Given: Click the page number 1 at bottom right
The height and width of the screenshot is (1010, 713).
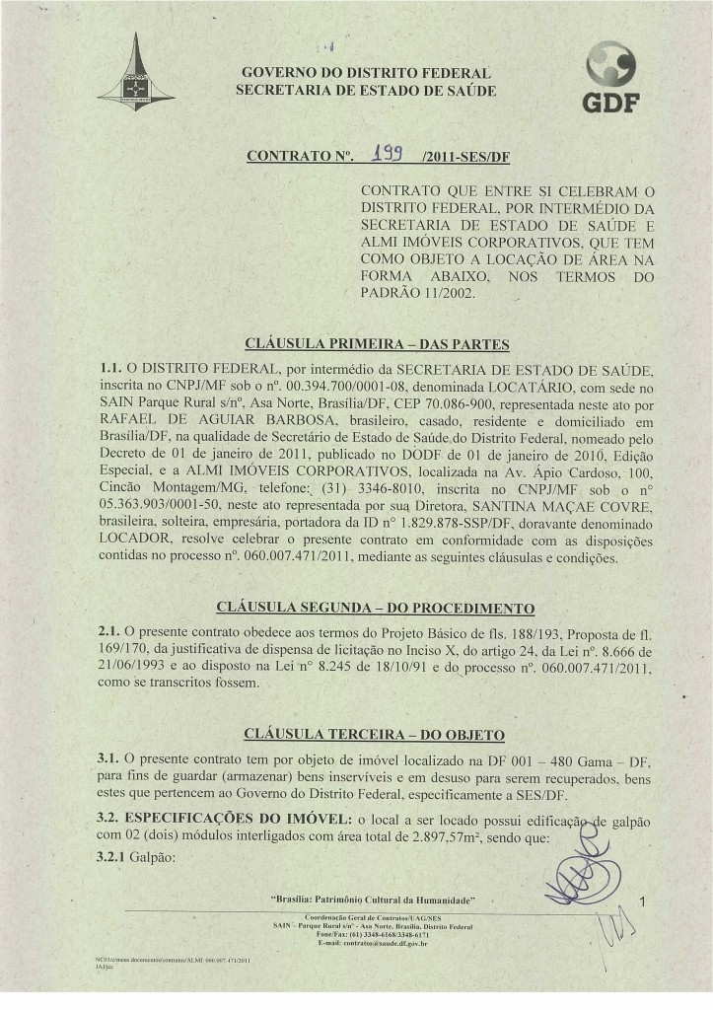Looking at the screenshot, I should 642,901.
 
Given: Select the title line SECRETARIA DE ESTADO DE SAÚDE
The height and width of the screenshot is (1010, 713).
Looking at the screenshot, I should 367,92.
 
